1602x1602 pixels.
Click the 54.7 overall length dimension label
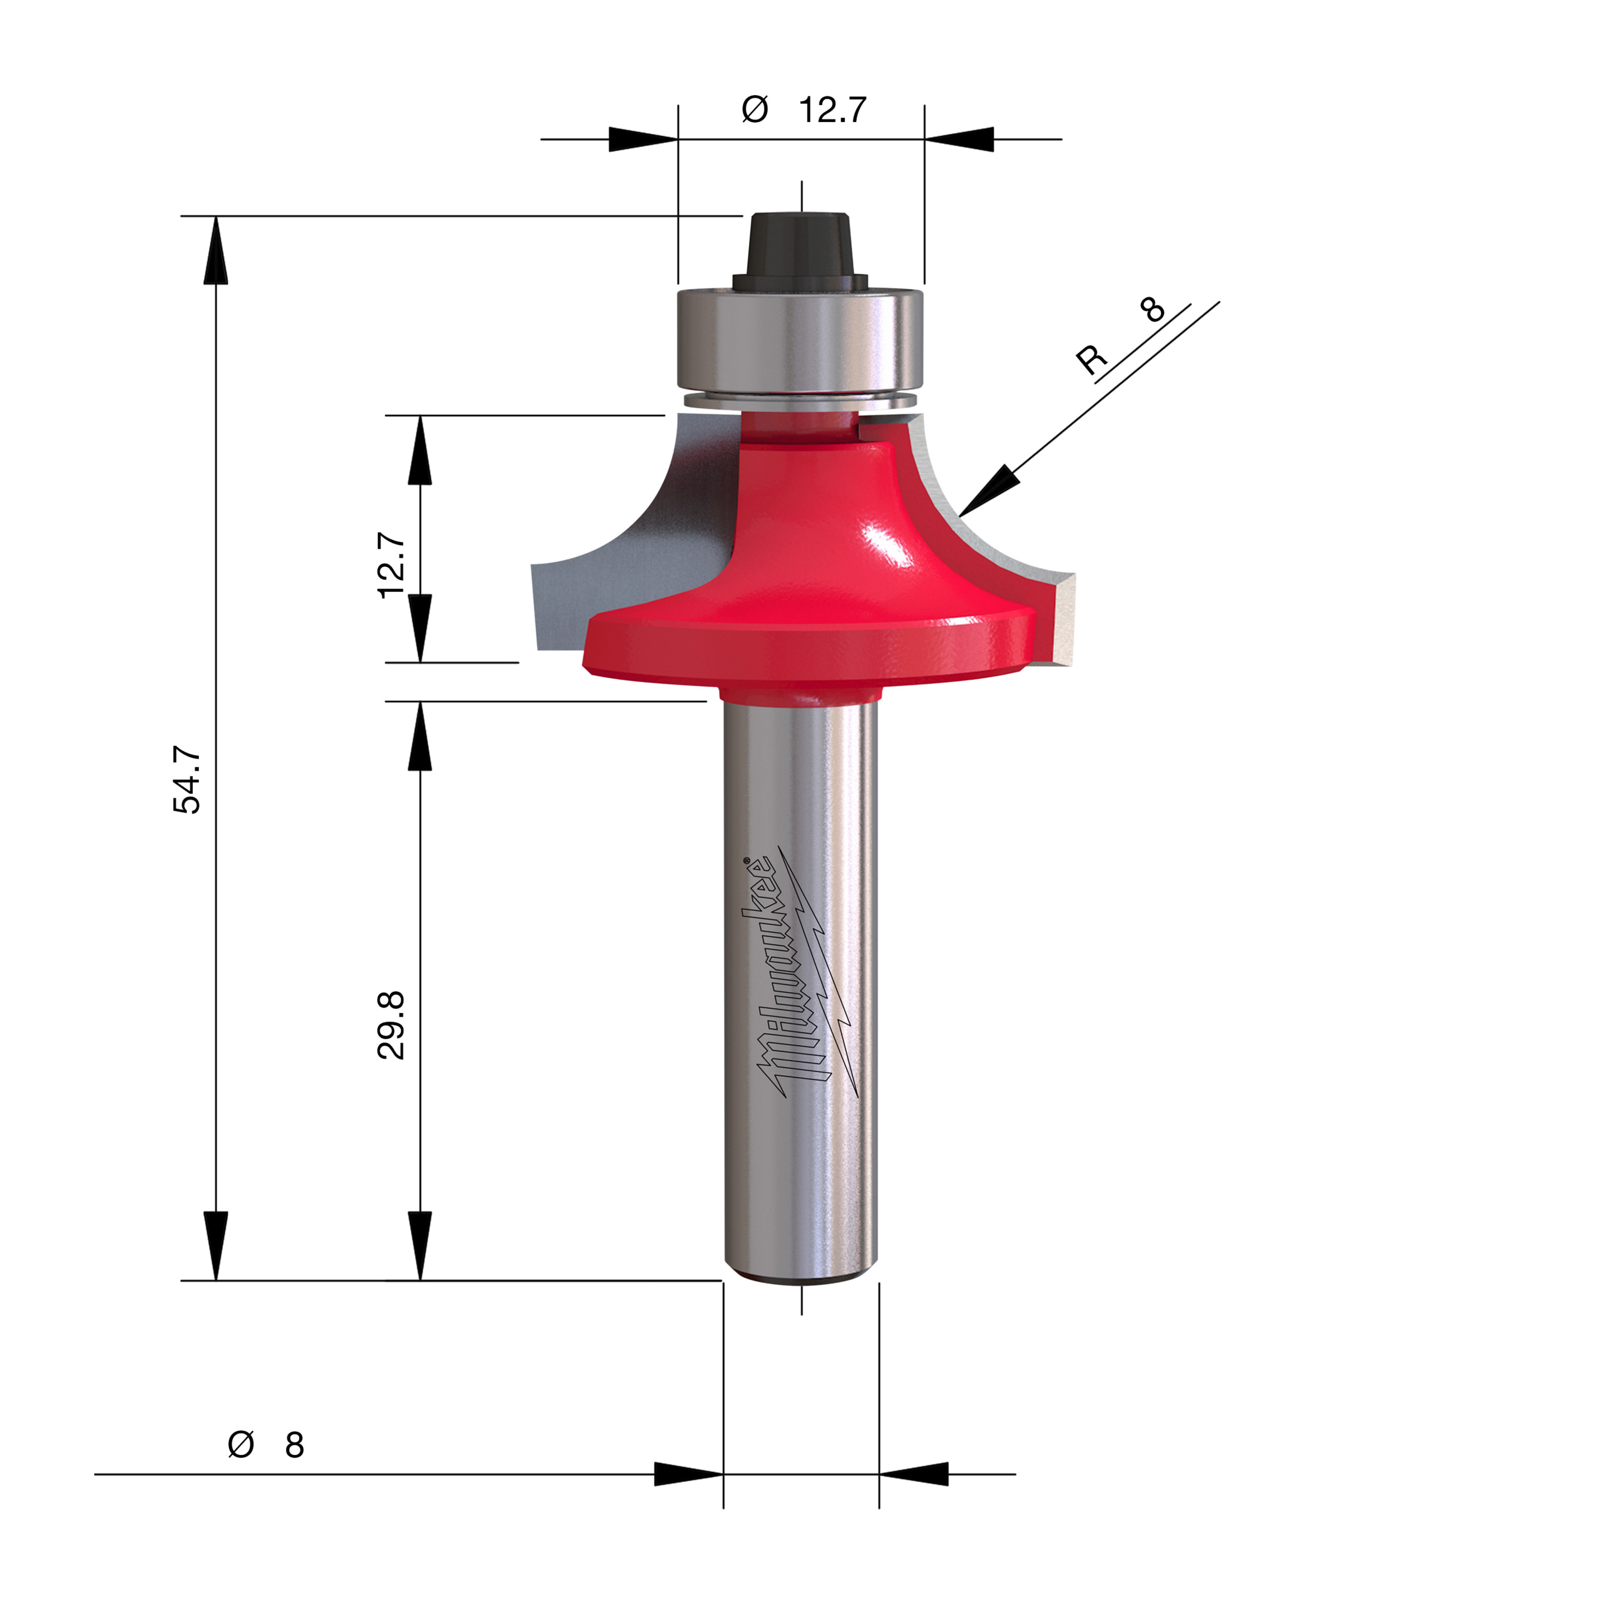point(187,780)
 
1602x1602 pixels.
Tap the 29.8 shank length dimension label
point(391,1025)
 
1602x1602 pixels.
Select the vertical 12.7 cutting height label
point(391,566)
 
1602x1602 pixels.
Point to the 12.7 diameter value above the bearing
point(832,110)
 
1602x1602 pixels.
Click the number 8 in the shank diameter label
point(294,1446)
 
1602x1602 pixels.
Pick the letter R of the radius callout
point(1091,359)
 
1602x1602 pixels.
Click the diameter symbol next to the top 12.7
point(755,110)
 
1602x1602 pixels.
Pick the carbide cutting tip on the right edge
point(1064,618)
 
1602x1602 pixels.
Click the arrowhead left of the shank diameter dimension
point(688,1474)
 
